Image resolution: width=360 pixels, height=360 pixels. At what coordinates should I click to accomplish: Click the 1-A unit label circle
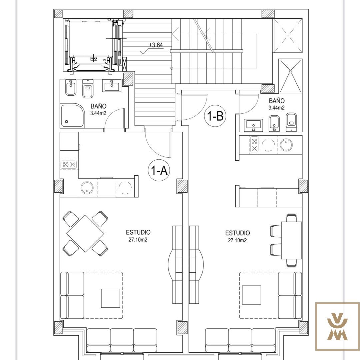click(x=159, y=170)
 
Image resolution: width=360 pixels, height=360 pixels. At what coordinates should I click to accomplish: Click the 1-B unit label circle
click(x=215, y=116)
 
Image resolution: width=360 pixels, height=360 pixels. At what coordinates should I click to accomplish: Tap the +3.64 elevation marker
click(x=156, y=45)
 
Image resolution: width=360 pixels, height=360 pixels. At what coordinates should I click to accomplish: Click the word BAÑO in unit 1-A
click(x=98, y=106)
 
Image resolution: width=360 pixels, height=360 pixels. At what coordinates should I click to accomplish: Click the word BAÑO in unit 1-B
click(x=277, y=101)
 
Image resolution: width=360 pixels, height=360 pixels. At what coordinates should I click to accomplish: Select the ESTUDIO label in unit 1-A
click(x=138, y=232)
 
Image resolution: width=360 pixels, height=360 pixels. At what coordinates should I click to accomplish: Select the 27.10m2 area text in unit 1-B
click(x=237, y=240)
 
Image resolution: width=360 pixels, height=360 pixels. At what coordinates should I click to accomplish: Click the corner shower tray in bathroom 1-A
click(x=72, y=115)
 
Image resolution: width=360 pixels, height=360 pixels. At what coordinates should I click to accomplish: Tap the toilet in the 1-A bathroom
click(x=88, y=88)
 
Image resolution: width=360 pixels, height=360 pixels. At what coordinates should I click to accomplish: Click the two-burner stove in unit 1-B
click(x=254, y=145)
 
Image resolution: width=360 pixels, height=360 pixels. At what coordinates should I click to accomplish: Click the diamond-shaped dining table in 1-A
click(x=85, y=233)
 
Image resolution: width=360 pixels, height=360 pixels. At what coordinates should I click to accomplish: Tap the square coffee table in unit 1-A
click(x=111, y=298)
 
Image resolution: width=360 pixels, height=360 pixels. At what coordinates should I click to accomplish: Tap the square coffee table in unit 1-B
click(x=251, y=295)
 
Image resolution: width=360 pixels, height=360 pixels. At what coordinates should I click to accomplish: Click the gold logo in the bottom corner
click(x=337, y=326)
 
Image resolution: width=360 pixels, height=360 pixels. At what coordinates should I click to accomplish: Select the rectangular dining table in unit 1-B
click(x=292, y=240)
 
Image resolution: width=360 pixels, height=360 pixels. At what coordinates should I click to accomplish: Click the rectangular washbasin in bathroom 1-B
click(x=253, y=125)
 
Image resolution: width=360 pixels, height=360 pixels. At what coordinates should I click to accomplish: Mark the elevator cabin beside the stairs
click(x=91, y=45)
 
